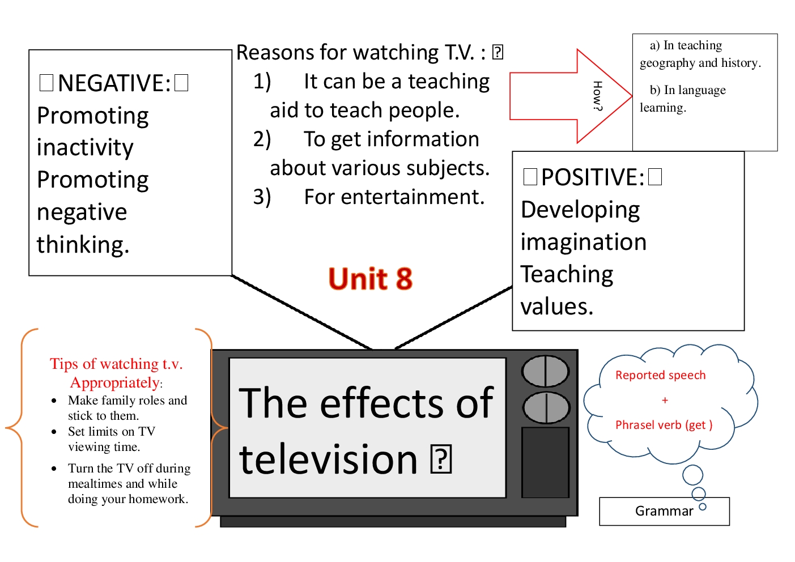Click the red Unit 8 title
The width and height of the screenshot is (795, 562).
click(371, 279)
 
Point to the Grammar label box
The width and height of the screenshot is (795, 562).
click(664, 511)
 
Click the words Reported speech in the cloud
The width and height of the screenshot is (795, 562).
click(660, 375)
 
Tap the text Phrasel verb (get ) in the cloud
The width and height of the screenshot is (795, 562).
click(664, 425)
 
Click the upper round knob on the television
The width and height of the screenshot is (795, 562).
click(545, 372)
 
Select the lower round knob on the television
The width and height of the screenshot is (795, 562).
click(546, 407)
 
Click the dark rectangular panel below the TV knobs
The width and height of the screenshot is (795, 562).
click(545, 462)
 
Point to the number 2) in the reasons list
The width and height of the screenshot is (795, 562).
click(262, 139)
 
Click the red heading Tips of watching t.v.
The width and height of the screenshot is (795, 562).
click(116, 364)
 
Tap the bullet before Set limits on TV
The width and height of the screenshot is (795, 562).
click(54, 432)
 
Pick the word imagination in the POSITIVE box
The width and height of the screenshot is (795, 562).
click(583, 242)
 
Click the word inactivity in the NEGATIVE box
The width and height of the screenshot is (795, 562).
click(85, 147)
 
